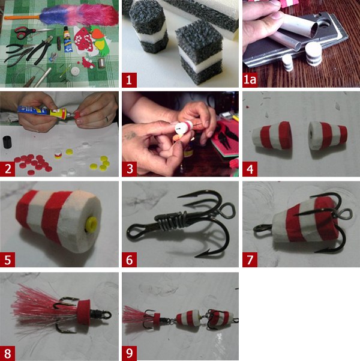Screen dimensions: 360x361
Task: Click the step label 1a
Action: tap(250, 80)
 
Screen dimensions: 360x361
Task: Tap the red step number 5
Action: tap(7, 259)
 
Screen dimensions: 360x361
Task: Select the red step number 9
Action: tap(129, 353)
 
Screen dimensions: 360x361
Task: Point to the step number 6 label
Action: tap(129, 259)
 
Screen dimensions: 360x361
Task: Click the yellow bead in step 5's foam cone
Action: tap(91, 225)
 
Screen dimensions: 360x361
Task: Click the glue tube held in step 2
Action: tap(46, 111)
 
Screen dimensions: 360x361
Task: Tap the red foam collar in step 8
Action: tap(83, 311)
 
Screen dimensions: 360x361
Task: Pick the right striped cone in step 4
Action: tap(328, 133)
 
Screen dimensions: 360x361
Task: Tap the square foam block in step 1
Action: tap(199, 52)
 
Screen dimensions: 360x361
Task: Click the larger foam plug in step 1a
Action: tap(313, 54)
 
